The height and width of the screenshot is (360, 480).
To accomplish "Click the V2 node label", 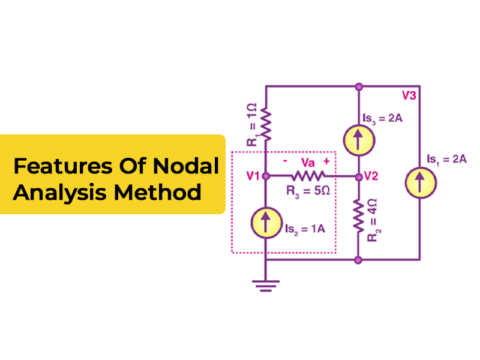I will (x=371, y=177).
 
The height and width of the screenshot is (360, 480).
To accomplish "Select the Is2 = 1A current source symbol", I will (x=266, y=221).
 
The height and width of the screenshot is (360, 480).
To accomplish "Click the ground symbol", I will (x=266, y=284).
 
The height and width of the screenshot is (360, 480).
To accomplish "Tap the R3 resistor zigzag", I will (x=308, y=176).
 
